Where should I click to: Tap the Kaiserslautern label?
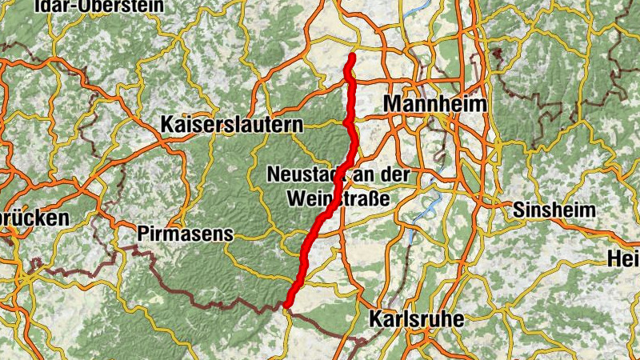[232, 125]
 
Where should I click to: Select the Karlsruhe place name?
[416, 319]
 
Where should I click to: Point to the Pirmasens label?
[184, 234]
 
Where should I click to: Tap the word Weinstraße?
[337, 198]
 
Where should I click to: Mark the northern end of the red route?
[351, 57]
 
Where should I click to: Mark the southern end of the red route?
[286, 304]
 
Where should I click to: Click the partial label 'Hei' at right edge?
[625, 259]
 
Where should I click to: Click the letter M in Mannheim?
[393, 104]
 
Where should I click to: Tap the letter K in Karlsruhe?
[376, 319]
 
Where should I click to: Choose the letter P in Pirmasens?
[143, 234]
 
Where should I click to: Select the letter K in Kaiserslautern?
[168, 125]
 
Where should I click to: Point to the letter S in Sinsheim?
[519, 210]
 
